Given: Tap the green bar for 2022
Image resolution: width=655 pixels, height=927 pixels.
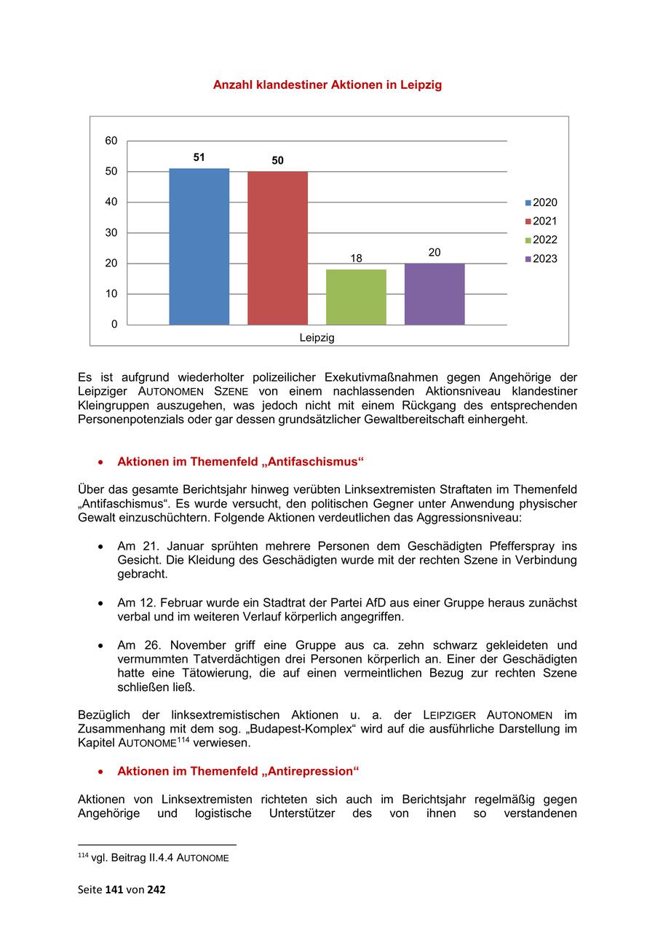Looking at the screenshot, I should pyautogui.click(x=356, y=296).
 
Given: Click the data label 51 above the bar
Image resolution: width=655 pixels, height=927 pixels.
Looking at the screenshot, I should pyautogui.click(x=199, y=157).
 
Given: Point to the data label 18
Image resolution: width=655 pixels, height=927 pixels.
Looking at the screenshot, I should pyautogui.click(x=356, y=258).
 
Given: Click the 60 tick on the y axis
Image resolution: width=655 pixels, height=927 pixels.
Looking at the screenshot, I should pyautogui.click(x=111, y=141).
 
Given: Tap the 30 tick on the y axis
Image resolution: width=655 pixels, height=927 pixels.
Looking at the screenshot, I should pyautogui.click(x=111, y=233).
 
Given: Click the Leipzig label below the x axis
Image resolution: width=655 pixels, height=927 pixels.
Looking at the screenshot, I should pyautogui.click(x=317, y=338).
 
